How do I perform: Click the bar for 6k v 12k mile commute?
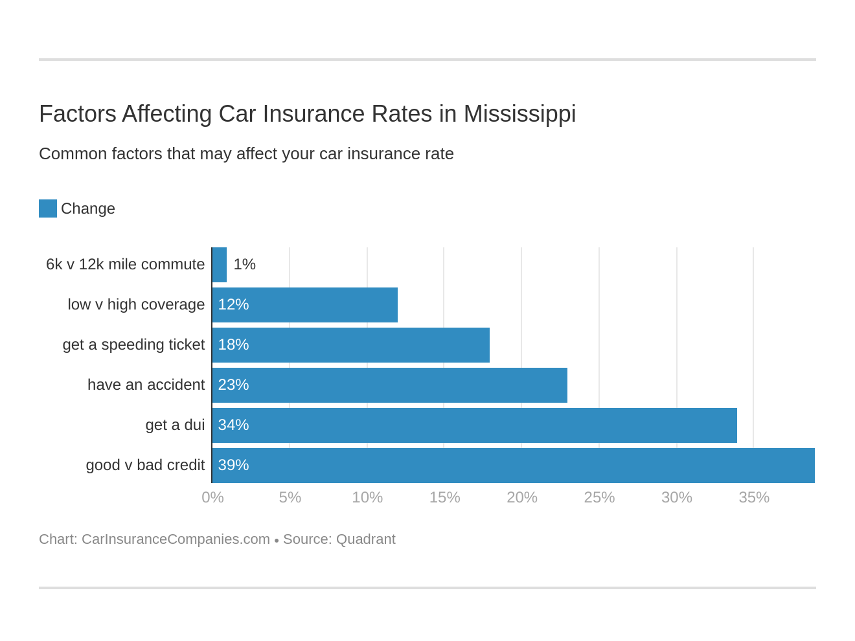point(220,265)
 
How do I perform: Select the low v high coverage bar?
point(305,305)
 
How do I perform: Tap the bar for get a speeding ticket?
point(351,345)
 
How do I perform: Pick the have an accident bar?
point(390,385)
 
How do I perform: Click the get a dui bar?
point(475,425)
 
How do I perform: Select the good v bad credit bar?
point(514,466)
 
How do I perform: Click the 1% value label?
point(245,265)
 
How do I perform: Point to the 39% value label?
point(233,466)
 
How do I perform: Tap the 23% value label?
point(233,385)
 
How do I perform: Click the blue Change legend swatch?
point(48,208)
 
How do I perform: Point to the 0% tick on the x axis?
point(212,497)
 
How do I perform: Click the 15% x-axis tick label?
point(444,497)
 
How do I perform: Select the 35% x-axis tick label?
point(754,497)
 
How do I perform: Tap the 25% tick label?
point(599,497)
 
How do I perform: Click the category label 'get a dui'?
point(175,425)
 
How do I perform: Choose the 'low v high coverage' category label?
point(136,305)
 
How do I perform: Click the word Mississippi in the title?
point(519,114)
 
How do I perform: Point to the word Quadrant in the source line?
point(365,539)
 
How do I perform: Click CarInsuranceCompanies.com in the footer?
point(176,539)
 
